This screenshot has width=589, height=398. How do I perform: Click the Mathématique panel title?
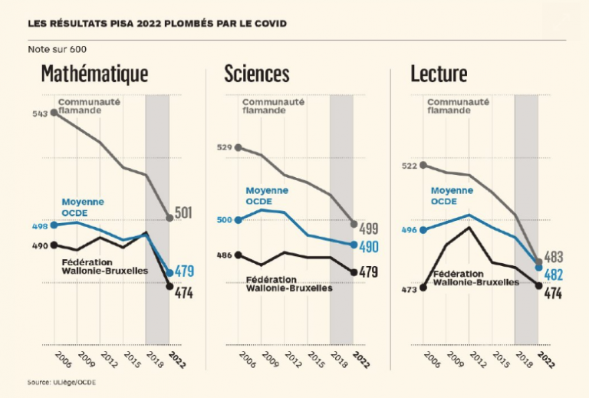click(x=94, y=74)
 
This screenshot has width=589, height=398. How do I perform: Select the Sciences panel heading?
click(x=256, y=74)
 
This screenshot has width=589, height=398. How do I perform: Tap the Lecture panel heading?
click(x=439, y=74)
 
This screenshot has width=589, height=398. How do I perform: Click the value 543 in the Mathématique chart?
click(x=41, y=113)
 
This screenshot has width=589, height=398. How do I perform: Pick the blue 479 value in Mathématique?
click(x=185, y=271)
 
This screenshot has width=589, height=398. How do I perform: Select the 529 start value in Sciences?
click(x=224, y=147)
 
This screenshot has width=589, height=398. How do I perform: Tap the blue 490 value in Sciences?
click(x=369, y=246)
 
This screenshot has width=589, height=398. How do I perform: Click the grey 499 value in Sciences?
click(x=369, y=228)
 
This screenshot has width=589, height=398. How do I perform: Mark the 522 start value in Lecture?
click(x=409, y=166)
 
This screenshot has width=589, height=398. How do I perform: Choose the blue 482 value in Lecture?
click(x=554, y=275)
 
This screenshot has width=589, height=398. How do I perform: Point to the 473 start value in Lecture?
click(x=409, y=290)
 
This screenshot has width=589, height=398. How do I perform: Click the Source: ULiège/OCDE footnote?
click(x=62, y=382)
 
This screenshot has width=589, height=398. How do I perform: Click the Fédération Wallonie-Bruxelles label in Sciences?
click(x=289, y=284)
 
